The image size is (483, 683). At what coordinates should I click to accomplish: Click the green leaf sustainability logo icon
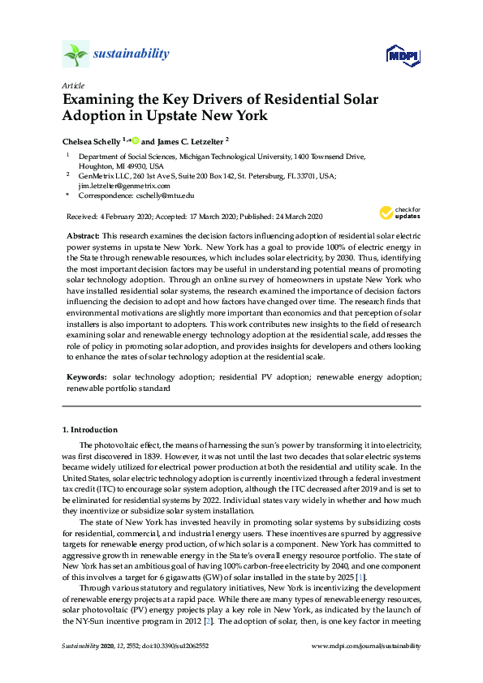(75, 54)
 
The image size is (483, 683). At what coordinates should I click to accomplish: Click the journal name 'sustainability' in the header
(132, 54)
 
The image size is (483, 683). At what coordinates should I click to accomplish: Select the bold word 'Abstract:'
(83, 234)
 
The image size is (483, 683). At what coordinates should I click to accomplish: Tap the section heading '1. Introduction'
(90, 429)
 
